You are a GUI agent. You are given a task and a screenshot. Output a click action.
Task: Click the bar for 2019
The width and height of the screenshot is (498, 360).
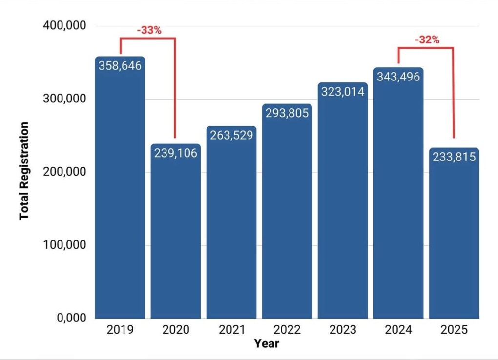120,187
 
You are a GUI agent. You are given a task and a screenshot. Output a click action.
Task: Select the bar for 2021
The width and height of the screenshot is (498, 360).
231,222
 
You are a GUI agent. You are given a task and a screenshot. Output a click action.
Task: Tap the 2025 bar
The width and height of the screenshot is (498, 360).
454,233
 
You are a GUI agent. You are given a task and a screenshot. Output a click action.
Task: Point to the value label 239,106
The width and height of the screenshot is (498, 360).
176,153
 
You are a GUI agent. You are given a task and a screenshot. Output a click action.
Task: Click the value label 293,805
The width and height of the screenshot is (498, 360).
287,113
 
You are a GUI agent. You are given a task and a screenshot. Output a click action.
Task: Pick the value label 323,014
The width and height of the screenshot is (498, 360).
343,92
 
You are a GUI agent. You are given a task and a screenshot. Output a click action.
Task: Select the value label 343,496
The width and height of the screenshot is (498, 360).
398,77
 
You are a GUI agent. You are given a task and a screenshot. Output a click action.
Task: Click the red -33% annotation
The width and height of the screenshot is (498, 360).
149,30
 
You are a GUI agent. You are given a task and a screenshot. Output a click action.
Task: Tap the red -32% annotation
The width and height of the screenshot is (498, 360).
427,40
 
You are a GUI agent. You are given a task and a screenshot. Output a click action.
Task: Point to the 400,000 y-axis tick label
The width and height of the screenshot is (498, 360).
64,25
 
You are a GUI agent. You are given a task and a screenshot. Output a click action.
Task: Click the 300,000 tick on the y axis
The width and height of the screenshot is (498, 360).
64,99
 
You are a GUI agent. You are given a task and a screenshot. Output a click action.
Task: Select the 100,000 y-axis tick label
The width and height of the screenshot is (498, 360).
64,245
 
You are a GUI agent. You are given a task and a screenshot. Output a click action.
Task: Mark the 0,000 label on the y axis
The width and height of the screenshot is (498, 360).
71,318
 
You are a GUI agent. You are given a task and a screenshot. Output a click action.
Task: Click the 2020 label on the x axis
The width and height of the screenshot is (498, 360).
176,330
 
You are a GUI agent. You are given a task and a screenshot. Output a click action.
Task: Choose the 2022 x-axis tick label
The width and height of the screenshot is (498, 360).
287,330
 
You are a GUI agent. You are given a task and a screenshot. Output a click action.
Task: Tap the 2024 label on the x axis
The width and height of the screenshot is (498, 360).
398,330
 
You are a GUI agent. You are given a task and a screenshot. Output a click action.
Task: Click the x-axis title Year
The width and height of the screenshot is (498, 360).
267,343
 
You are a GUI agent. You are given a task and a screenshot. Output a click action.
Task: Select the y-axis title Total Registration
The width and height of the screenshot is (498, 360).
24,171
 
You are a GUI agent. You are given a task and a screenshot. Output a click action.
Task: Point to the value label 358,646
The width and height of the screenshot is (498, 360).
120,66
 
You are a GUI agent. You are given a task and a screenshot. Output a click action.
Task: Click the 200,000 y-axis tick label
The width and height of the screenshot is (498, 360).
64,171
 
